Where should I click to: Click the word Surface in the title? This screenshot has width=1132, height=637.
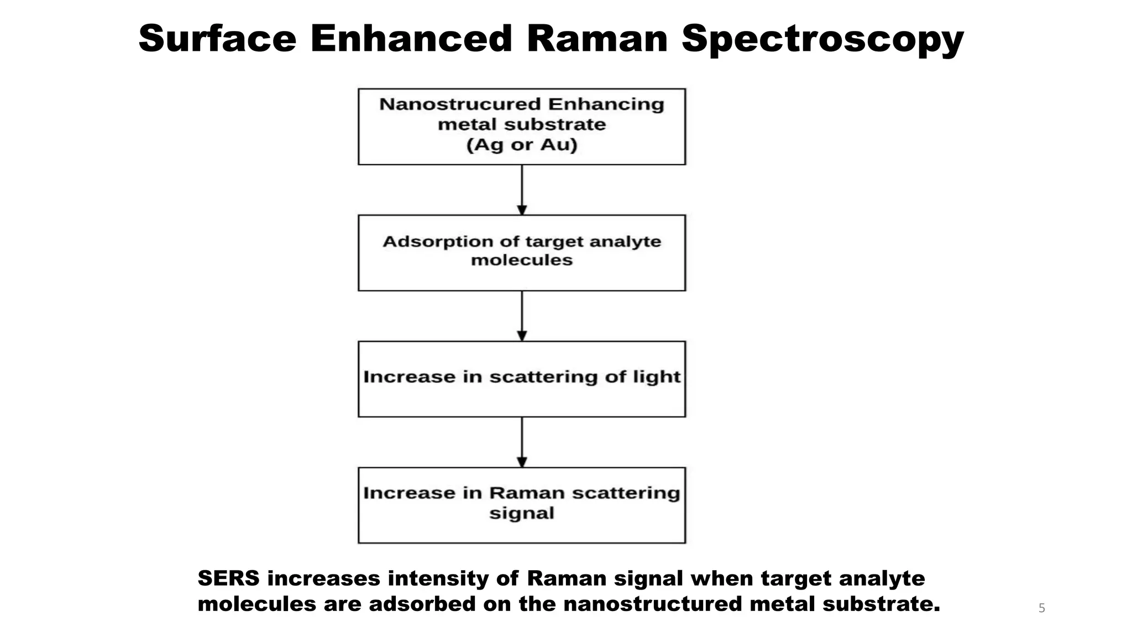217,39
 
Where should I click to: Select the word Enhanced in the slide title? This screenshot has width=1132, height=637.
411,39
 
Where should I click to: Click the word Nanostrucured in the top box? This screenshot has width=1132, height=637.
460,104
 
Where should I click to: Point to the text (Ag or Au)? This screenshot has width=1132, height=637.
522,145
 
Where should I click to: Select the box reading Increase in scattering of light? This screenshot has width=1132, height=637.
522,379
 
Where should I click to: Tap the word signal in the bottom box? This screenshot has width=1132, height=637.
522,513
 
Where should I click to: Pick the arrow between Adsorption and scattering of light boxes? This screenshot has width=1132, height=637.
522,316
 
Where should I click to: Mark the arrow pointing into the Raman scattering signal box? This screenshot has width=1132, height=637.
522,442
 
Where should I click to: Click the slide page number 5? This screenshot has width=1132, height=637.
1042,608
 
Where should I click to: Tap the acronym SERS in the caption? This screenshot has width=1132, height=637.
228,578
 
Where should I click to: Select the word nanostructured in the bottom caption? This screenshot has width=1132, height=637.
653,604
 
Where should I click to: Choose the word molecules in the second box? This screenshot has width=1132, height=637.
522,260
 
